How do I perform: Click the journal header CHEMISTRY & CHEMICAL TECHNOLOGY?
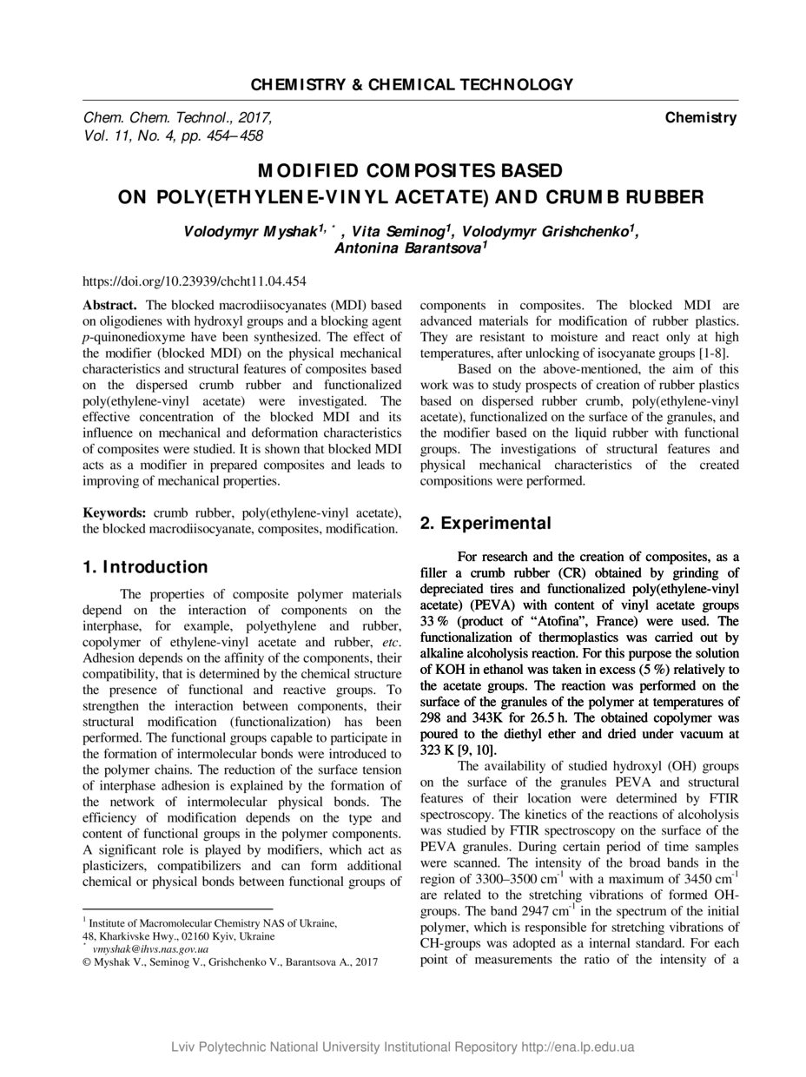pyautogui.click(x=412, y=84)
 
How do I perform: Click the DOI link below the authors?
pyautogui.click(x=194, y=281)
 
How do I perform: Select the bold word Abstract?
pyautogui.click(x=109, y=305)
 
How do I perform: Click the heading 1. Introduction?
pyautogui.click(x=145, y=567)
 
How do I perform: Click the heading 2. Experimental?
pyautogui.click(x=485, y=523)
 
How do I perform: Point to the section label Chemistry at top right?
pyautogui.click(x=701, y=117)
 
